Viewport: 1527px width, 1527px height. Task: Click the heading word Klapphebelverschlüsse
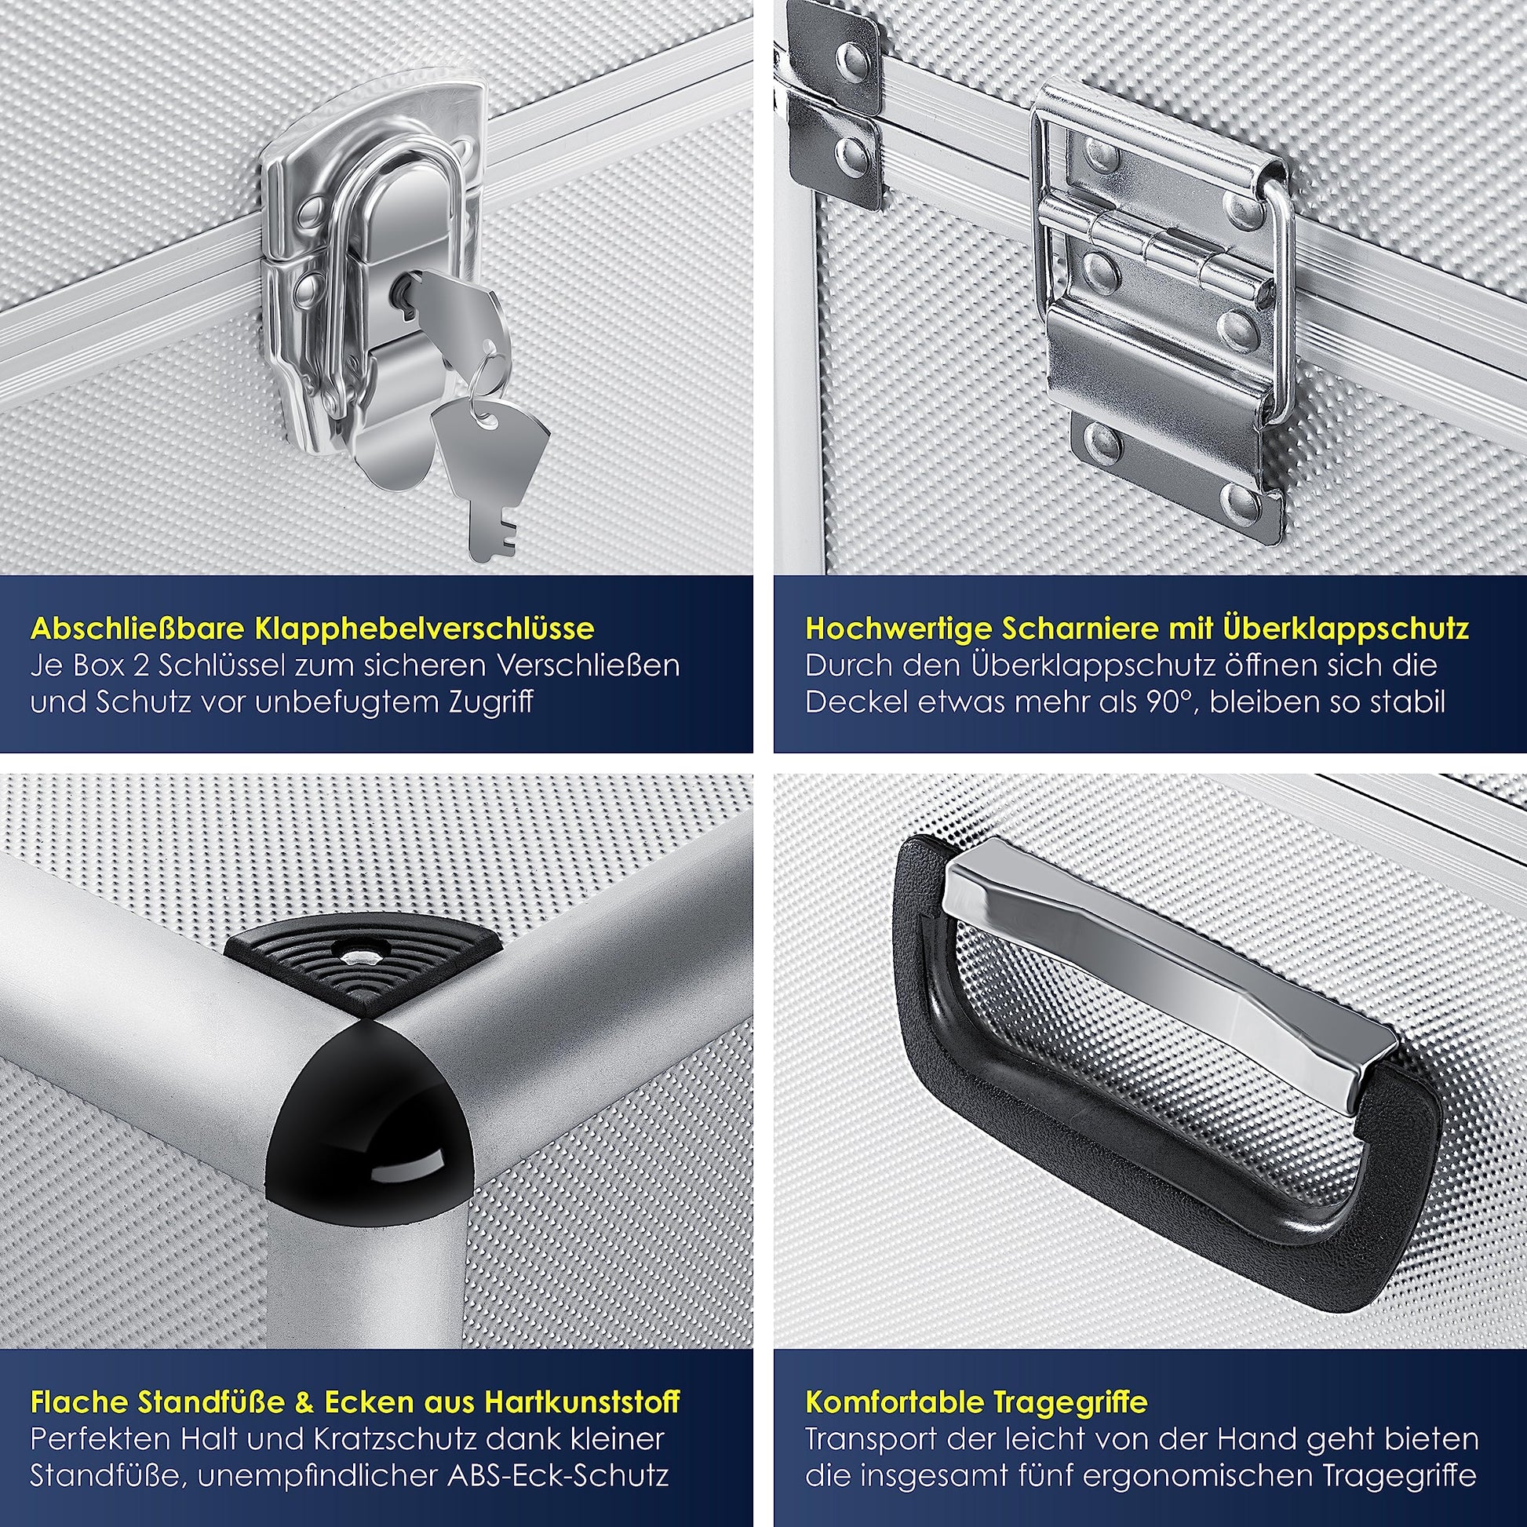(x=425, y=629)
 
